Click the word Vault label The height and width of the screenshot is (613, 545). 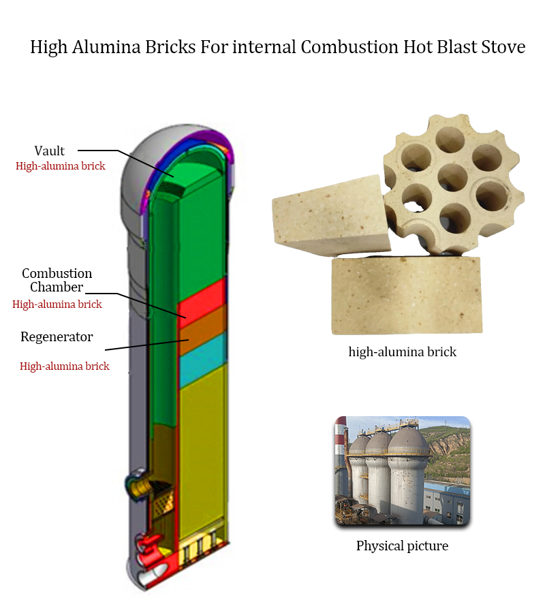(x=49, y=151)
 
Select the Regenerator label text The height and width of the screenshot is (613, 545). (x=57, y=336)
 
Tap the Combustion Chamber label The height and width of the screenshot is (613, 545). (x=57, y=280)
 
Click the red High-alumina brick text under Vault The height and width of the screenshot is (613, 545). (x=60, y=166)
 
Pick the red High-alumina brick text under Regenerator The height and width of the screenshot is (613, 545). (x=64, y=366)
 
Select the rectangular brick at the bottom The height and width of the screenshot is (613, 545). (x=406, y=296)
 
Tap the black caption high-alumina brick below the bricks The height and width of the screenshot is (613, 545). (x=402, y=352)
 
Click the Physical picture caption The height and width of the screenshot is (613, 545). (x=402, y=546)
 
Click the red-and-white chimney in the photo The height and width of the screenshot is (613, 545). (x=341, y=463)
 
